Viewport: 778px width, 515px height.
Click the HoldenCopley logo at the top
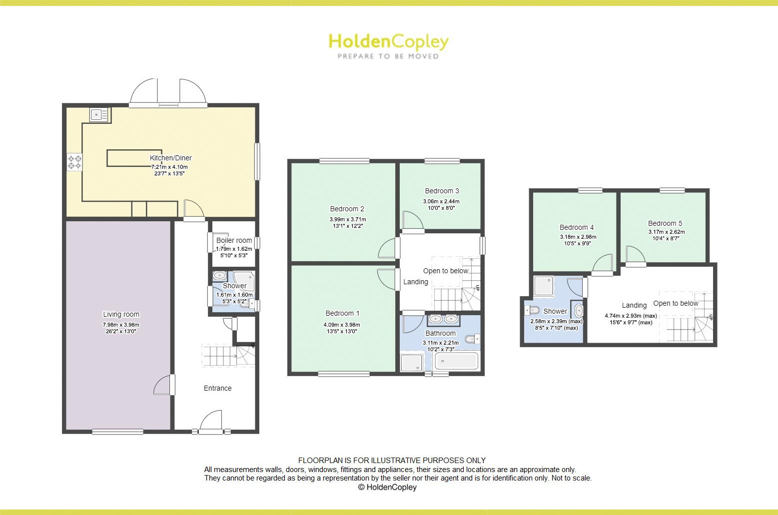[x=388, y=41]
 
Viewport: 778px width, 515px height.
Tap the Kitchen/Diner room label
[x=171, y=158]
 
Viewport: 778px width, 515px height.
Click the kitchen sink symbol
[x=99, y=115]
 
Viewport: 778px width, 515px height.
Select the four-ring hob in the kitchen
[x=74, y=162]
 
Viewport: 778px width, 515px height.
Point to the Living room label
[x=121, y=314]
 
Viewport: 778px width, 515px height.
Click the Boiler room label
[x=234, y=240]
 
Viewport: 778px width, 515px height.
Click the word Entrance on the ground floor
[x=217, y=388]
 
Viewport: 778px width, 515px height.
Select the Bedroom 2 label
[x=347, y=209]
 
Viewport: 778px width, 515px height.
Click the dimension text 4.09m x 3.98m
[x=342, y=325]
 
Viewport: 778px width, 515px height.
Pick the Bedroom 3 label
[x=442, y=191]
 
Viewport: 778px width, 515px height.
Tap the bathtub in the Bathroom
[x=457, y=361]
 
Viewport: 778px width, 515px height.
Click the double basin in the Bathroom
[x=443, y=319]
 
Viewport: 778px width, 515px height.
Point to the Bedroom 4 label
[x=577, y=227]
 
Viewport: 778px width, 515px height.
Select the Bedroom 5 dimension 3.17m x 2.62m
[x=667, y=232]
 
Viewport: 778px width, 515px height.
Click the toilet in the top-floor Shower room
[x=531, y=310]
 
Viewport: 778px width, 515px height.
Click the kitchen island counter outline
[x=134, y=157]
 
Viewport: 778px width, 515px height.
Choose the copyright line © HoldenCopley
[x=387, y=487]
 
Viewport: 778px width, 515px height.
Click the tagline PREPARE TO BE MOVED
[x=388, y=56]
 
